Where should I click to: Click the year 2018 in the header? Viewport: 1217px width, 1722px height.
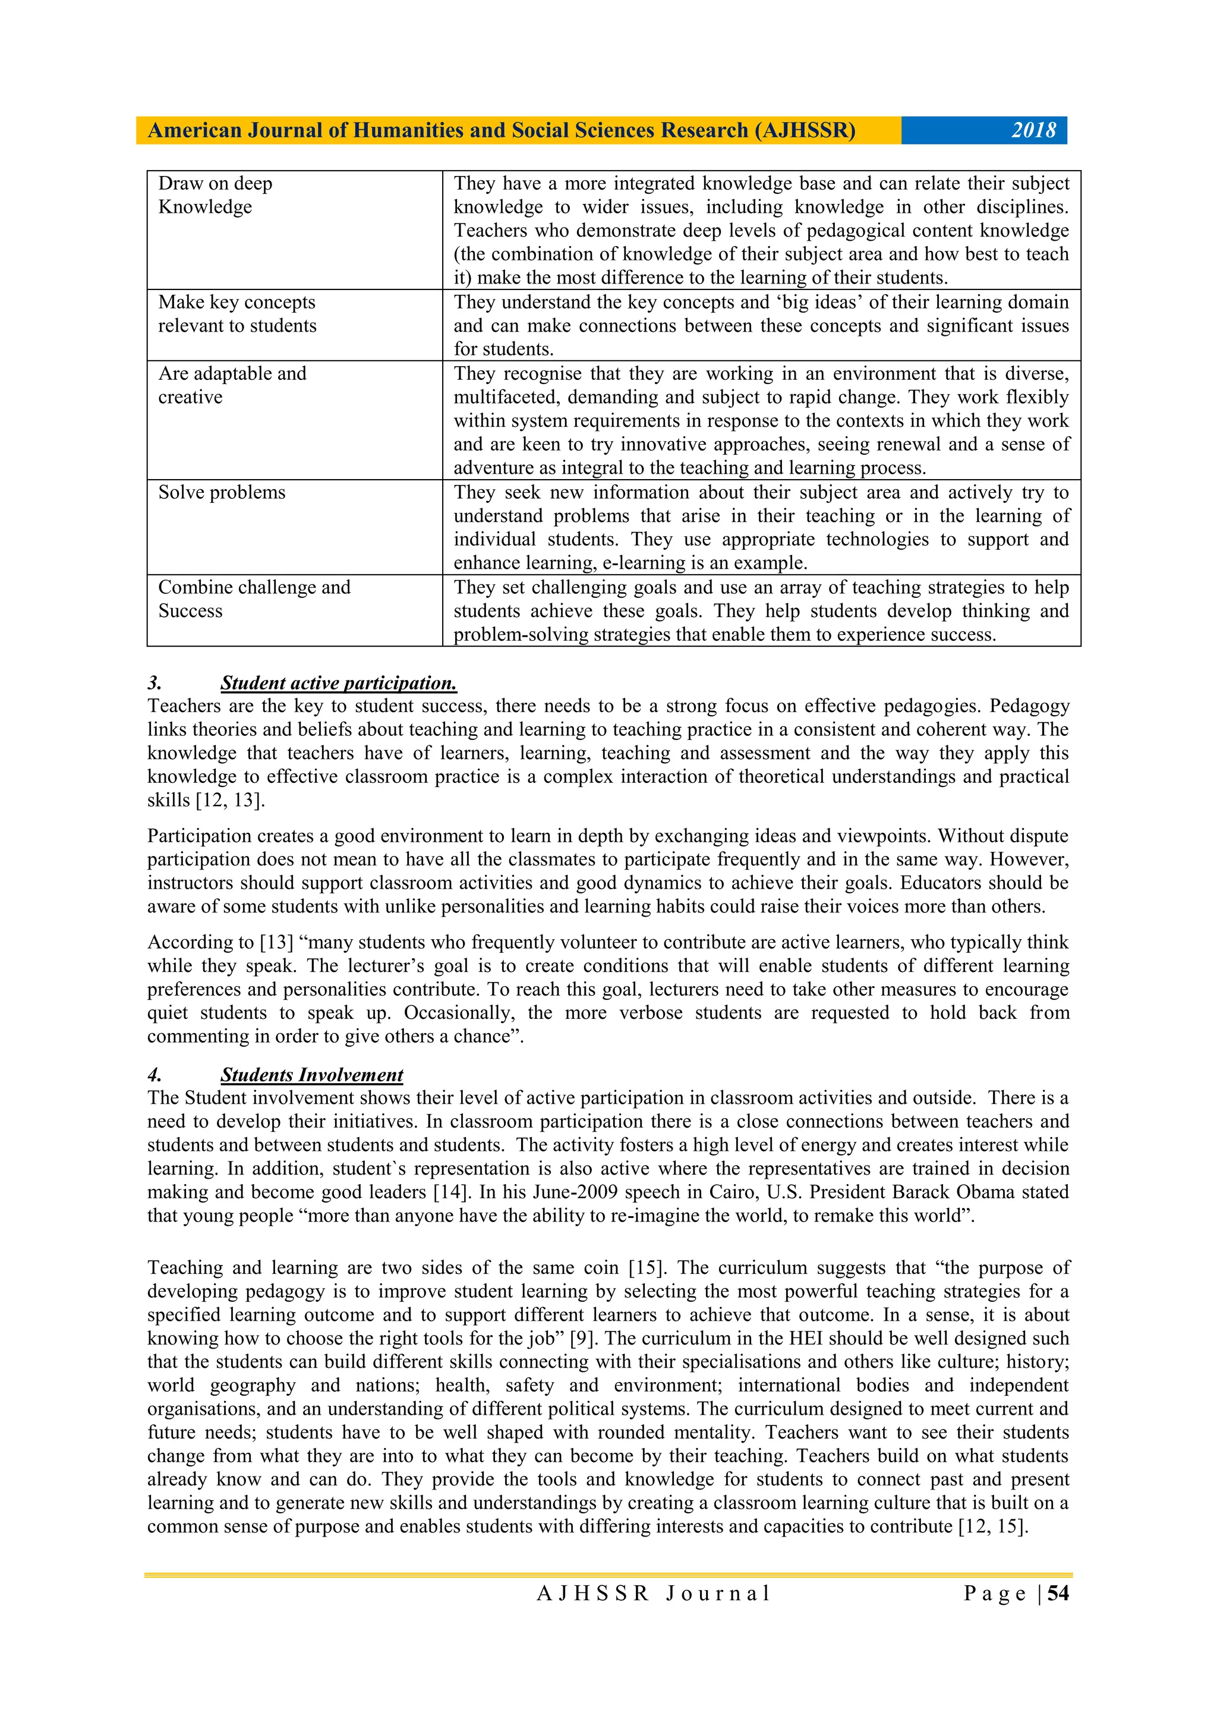1033,131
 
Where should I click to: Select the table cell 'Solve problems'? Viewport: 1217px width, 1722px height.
222,493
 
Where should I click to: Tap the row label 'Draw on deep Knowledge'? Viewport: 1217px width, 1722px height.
215,195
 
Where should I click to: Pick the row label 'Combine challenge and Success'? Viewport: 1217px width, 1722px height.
254,599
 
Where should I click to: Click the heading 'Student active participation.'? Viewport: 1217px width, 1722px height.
338,683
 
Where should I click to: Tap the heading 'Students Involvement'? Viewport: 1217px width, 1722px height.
311,1075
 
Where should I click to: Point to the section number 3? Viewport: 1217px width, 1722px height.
155,683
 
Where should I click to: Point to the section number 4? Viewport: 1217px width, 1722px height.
155,1075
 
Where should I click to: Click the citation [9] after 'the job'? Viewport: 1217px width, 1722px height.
582,1338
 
